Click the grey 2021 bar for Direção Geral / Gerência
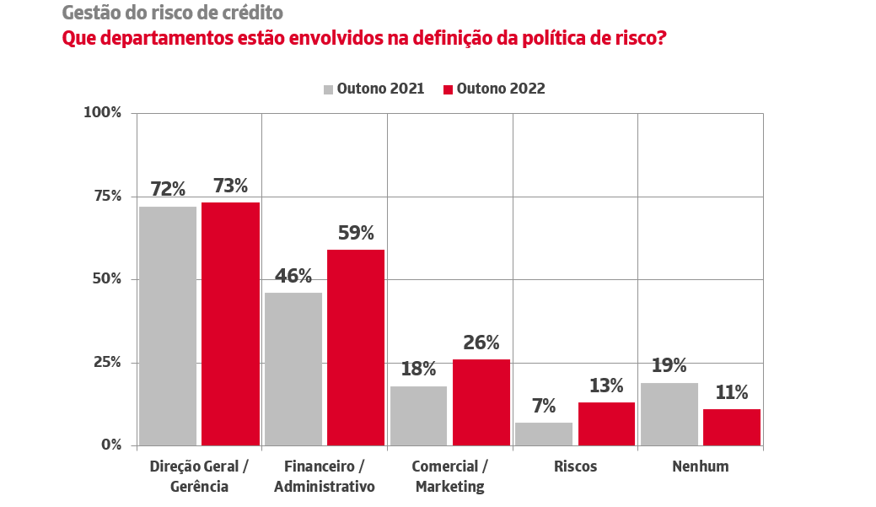point(168,326)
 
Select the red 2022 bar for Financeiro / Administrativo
point(356,347)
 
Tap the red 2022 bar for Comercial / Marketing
point(481,402)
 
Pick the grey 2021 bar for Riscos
point(544,434)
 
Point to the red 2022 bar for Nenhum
point(732,427)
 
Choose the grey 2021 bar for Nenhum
point(669,413)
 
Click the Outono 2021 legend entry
point(373,89)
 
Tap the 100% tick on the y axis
point(104,112)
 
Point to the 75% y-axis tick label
point(107,196)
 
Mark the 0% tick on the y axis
point(111,445)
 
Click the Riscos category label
point(575,467)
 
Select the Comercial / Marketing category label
point(450,477)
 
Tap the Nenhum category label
point(700,467)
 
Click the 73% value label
point(230,186)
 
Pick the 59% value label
point(356,233)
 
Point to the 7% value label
point(544,406)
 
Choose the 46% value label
point(293,276)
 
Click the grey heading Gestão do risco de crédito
point(173,13)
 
